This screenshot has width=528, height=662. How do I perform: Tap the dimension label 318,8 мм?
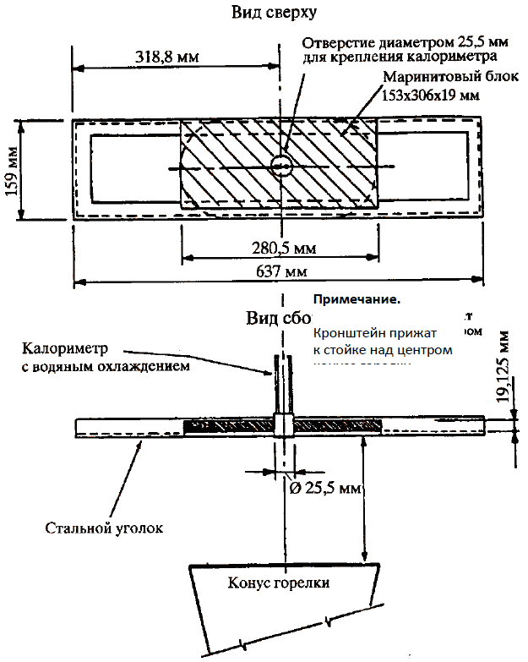(166, 57)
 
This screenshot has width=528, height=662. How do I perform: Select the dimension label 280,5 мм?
(282, 248)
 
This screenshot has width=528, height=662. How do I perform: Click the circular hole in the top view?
(281, 165)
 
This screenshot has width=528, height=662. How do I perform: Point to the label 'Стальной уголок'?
(103, 528)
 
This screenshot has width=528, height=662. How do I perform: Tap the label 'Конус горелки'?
(278, 583)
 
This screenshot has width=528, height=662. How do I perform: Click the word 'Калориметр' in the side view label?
(71, 347)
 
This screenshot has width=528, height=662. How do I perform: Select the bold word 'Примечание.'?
(357, 299)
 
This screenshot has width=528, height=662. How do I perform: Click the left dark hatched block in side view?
(227, 426)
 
